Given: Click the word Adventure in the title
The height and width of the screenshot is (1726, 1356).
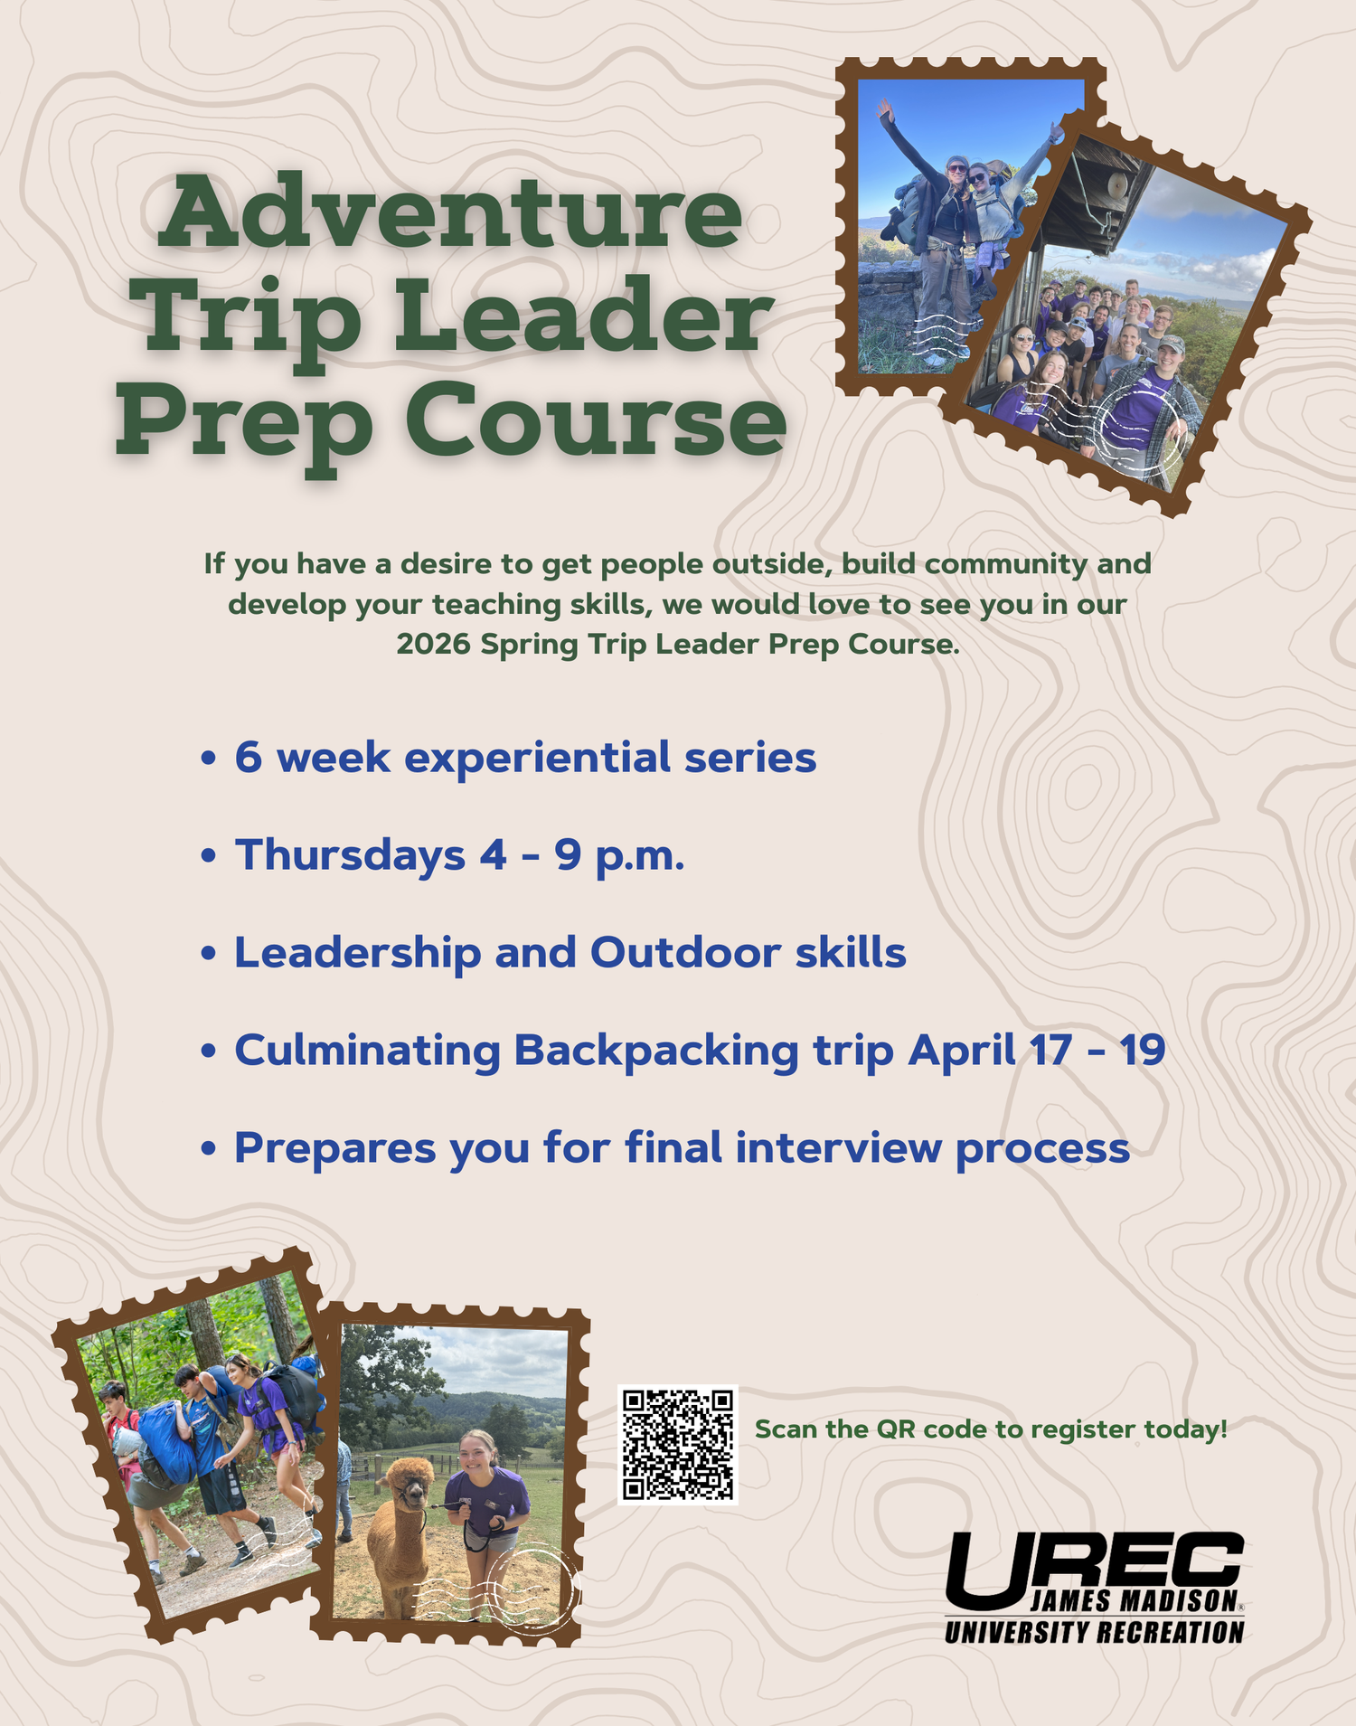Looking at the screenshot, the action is click(450, 212).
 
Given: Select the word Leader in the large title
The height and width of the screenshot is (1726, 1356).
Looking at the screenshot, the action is click(584, 316).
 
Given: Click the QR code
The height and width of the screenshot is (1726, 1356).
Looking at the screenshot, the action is click(678, 1444).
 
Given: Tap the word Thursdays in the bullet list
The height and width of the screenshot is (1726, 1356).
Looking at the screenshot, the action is click(351, 855).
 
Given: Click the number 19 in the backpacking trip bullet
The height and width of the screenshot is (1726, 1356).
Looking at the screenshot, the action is click(1142, 1050).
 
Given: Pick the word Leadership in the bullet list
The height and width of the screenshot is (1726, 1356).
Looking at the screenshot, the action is click(358, 954).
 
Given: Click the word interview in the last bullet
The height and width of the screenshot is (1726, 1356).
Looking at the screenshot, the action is click(838, 1147).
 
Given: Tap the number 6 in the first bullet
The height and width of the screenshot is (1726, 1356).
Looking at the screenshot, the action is click(249, 758).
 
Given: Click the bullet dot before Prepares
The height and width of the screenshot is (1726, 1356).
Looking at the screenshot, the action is click(209, 1149).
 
